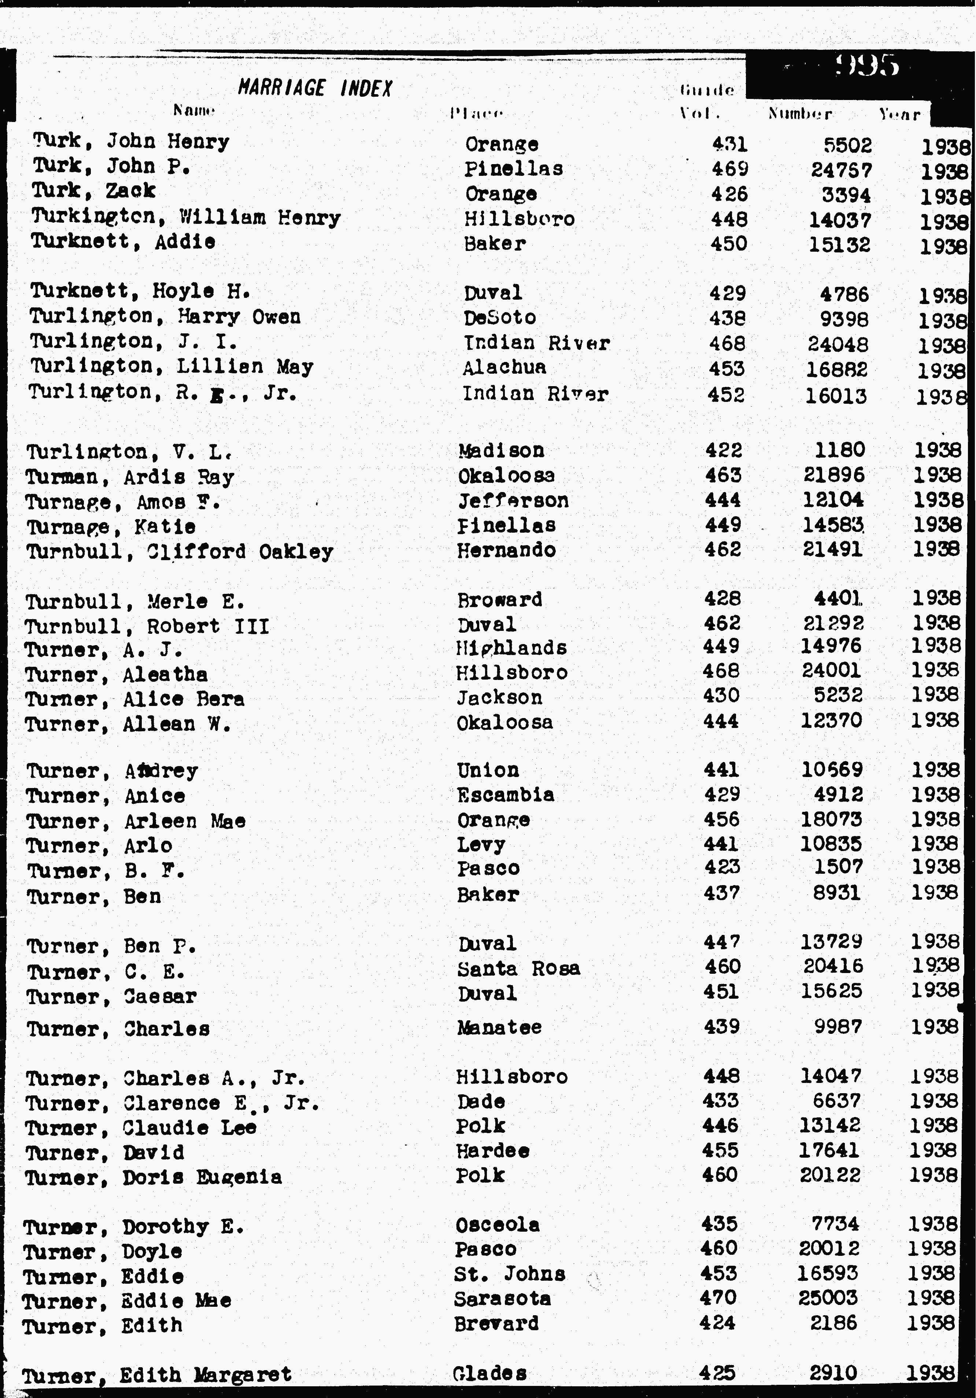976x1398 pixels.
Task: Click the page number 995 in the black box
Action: [x=867, y=65]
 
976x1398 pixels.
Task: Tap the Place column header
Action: [x=476, y=113]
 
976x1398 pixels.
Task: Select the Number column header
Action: [x=799, y=114]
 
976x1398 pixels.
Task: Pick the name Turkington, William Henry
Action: [x=186, y=217]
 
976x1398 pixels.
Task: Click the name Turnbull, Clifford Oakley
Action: [x=180, y=552]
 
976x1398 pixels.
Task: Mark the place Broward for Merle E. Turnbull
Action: [x=499, y=600]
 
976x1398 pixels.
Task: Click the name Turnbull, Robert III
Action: [x=147, y=626]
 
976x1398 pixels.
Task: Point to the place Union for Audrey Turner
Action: [x=488, y=770]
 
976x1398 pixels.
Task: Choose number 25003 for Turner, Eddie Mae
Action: [x=828, y=1298]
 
